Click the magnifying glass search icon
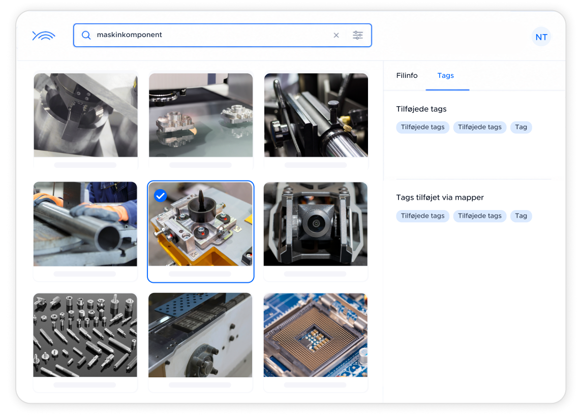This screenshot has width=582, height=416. [86, 35]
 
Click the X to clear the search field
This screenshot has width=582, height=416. [336, 35]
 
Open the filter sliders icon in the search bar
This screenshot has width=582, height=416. [358, 35]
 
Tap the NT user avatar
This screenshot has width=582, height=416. [541, 37]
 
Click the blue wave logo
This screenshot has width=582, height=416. [44, 35]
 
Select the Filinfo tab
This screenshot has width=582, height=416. [407, 75]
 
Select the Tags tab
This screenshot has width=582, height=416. [445, 75]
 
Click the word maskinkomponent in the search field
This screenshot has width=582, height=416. [129, 35]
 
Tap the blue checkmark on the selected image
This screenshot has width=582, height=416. [160, 195]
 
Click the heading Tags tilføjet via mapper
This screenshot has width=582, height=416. [440, 197]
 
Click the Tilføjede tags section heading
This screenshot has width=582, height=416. [421, 109]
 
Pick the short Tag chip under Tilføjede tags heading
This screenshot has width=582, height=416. [521, 127]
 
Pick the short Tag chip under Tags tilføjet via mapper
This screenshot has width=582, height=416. [521, 216]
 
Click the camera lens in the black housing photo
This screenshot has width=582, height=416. [316, 224]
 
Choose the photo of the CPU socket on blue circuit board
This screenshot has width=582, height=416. [316, 335]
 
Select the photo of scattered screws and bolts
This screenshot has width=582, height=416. [85, 335]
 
